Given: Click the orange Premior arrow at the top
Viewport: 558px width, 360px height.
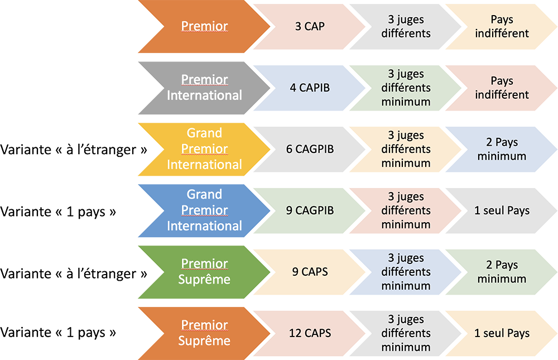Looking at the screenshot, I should [204, 26].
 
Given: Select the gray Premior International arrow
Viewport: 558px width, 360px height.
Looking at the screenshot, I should [204, 88].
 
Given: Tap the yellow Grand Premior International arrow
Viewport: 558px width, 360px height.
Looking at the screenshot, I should [204, 149].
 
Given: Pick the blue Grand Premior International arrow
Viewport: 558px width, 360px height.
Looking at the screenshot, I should [204, 210].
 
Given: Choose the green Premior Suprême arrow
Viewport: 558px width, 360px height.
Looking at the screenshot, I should [204, 272].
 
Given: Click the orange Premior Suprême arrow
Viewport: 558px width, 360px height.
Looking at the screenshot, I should [204, 333].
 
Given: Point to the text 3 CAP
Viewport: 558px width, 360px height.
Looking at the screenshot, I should [310, 26].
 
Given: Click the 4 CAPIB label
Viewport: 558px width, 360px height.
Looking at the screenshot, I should [310, 88].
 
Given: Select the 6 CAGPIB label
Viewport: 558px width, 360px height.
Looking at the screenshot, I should [310, 149].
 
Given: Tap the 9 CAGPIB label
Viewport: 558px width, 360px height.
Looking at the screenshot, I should [310, 210].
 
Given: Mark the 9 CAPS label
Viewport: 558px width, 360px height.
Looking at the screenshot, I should [310, 272].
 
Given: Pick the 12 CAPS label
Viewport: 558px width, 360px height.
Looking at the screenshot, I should [310, 333].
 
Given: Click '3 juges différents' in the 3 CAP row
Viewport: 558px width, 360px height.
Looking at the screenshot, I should [406, 26].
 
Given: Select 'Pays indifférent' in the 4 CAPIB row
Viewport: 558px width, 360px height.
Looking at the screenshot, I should [502, 88].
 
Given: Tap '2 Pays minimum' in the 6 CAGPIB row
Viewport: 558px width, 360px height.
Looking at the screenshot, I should [502, 149].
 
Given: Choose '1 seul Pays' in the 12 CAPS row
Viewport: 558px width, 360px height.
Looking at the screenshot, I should [502, 333].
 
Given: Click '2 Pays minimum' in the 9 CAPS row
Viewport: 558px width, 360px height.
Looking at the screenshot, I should [502, 272].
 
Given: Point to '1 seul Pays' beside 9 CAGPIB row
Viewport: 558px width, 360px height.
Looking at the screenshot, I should [502, 210].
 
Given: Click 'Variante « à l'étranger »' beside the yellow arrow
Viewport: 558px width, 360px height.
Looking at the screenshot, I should [74, 151].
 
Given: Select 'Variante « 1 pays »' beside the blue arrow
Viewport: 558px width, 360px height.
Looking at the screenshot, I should [59, 212].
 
